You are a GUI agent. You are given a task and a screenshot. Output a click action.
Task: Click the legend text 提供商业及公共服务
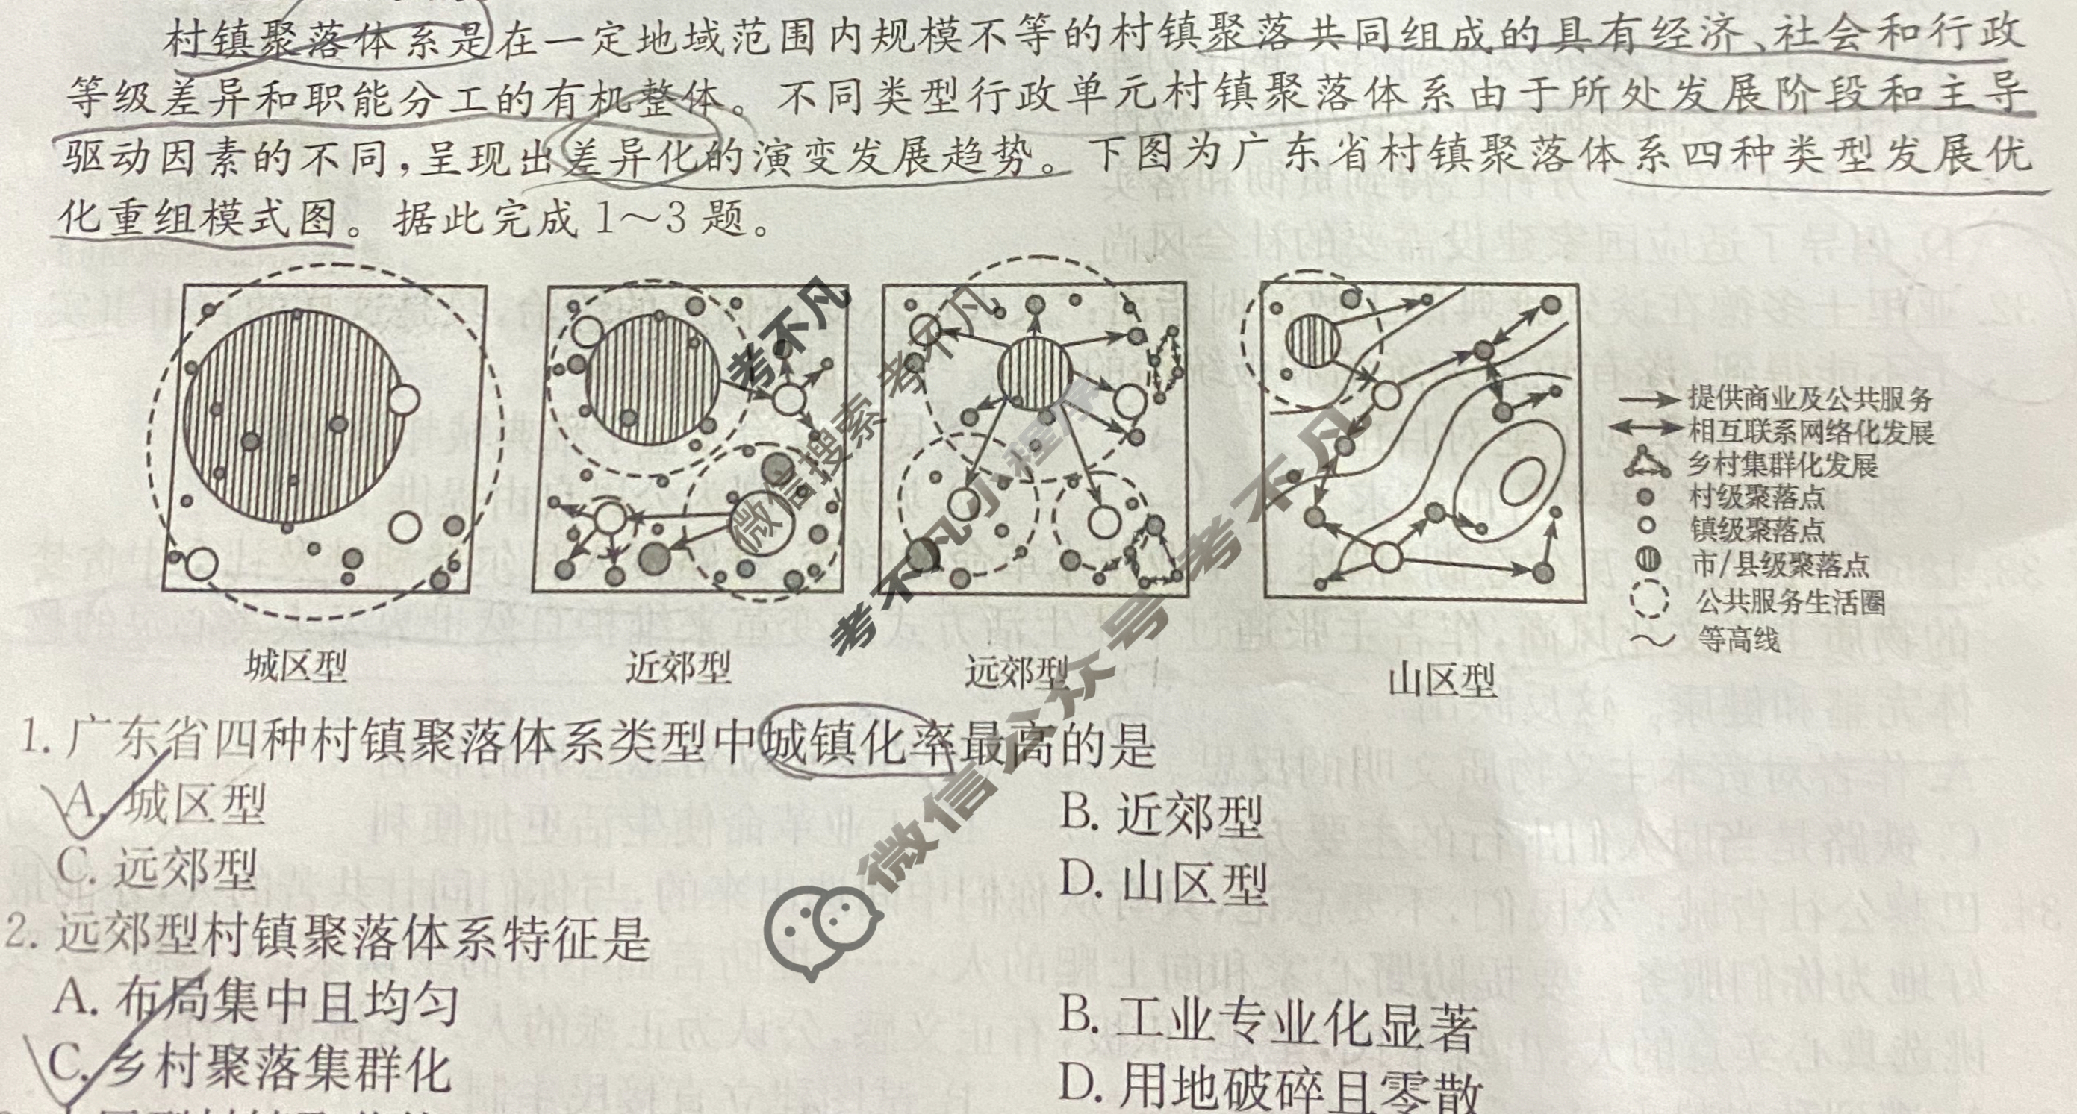pyautogui.click(x=1810, y=399)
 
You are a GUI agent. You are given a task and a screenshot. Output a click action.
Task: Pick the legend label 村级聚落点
pyautogui.click(x=1757, y=496)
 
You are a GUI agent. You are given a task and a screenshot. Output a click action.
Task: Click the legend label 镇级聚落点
pyautogui.click(x=1757, y=530)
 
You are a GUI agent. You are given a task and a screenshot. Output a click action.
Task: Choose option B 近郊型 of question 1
pyautogui.click(x=1161, y=816)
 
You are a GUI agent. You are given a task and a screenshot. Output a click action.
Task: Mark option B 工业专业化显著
pyautogui.click(x=1268, y=1022)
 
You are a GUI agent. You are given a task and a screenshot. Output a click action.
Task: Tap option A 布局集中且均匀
pyautogui.click(x=256, y=1002)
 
